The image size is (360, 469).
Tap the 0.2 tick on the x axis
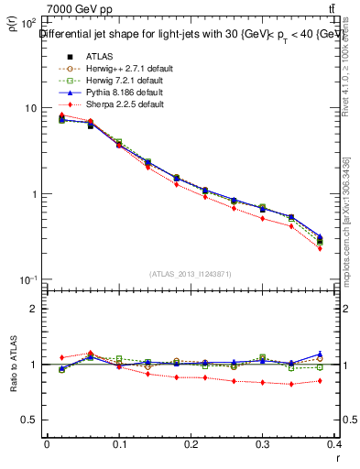191,445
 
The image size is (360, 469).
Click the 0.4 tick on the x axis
335,445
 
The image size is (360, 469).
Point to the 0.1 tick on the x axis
119,445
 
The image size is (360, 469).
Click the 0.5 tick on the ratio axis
32,420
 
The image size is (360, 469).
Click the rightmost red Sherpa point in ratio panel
320,381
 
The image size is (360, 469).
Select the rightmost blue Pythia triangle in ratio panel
320,354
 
